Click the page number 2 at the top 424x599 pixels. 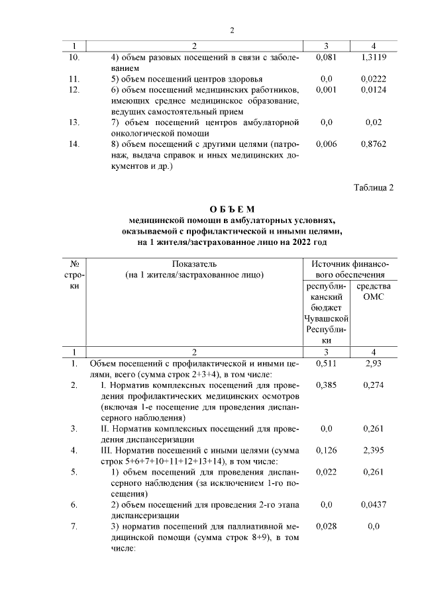pyautogui.click(x=233, y=30)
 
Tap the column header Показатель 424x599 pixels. pyautogui.click(x=194, y=263)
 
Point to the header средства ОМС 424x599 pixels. pyautogui.click(x=374, y=291)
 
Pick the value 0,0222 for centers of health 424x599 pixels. pyautogui.click(x=374, y=78)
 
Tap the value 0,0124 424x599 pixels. pyautogui.click(x=374, y=89)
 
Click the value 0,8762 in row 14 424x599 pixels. pyautogui.click(x=374, y=143)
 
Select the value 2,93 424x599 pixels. pyautogui.click(x=374, y=364)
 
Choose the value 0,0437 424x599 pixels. pyautogui.click(x=374, y=505)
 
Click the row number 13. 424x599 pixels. pyautogui.click(x=74, y=122)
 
